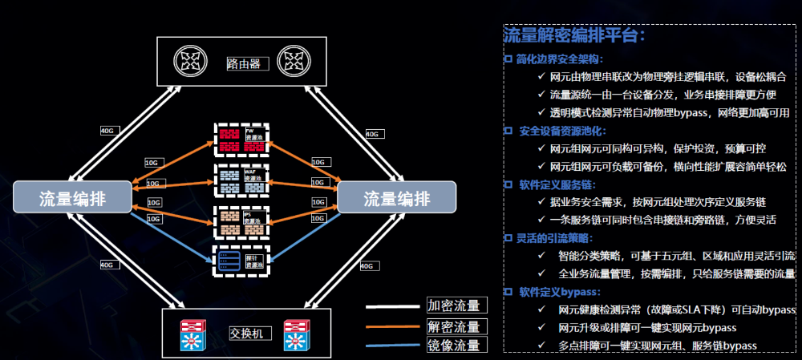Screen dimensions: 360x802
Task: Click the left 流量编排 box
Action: (x=73, y=198)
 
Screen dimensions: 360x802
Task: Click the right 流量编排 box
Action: (x=396, y=198)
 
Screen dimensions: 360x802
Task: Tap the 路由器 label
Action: (x=243, y=63)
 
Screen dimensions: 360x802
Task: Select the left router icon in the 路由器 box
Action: (x=191, y=62)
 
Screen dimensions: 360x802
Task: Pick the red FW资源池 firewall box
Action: (x=241, y=138)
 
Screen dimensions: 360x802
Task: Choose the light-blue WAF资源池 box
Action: (x=241, y=179)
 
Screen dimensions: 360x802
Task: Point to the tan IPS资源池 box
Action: (x=241, y=220)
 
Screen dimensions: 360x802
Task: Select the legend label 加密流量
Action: (x=454, y=305)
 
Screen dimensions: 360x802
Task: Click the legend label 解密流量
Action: (x=454, y=326)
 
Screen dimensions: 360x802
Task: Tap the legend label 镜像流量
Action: (x=454, y=346)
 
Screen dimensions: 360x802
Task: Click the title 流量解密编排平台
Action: (x=574, y=36)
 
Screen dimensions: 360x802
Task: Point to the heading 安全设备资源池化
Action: (x=561, y=131)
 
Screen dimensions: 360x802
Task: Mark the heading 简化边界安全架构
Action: (x=559, y=59)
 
